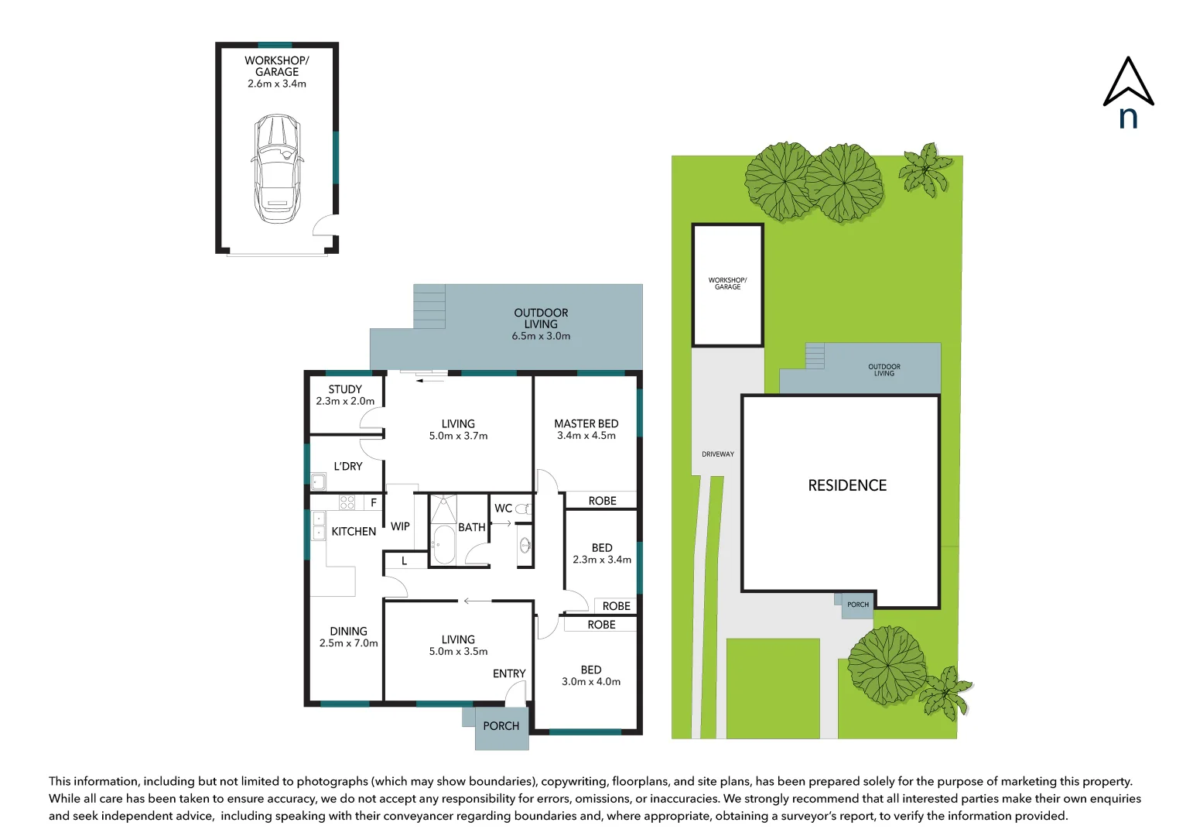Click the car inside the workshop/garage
pyautogui.click(x=277, y=169)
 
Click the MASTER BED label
pyautogui.click(x=586, y=423)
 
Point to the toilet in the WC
pyautogui.click(x=524, y=509)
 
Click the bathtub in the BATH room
pyautogui.click(x=443, y=545)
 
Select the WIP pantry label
pyautogui.click(x=400, y=526)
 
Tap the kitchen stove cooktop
pyautogui.click(x=347, y=502)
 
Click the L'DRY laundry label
pyautogui.click(x=348, y=466)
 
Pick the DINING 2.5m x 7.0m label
pyautogui.click(x=349, y=637)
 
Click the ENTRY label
pyautogui.click(x=509, y=673)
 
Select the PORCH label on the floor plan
pyautogui.click(x=501, y=726)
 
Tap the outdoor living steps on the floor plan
pyautogui.click(x=429, y=307)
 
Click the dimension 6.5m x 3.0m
pyautogui.click(x=541, y=336)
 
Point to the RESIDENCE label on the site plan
pyautogui.click(x=847, y=485)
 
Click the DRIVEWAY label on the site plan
pyautogui.click(x=718, y=454)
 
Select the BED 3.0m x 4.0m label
pyautogui.click(x=591, y=675)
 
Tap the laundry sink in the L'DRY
pyautogui.click(x=318, y=481)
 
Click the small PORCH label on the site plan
pyautogui.click(x=858, y=605)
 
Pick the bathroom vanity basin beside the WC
pyautogui.click(x=525, y=545)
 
